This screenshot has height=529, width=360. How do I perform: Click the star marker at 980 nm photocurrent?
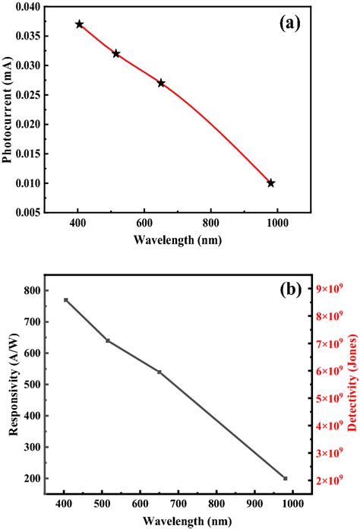[271, 183]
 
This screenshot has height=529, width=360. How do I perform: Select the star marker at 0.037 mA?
[80, 24]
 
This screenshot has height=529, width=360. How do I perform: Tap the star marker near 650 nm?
[161, 83]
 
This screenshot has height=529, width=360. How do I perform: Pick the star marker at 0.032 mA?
[116, 54]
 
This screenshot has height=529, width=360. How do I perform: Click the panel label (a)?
[289, 23]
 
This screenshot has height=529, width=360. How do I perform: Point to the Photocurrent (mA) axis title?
[8, 110]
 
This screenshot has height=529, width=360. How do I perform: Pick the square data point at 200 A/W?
[286, 478]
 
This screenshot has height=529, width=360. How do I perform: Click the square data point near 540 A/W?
[159, 372]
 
